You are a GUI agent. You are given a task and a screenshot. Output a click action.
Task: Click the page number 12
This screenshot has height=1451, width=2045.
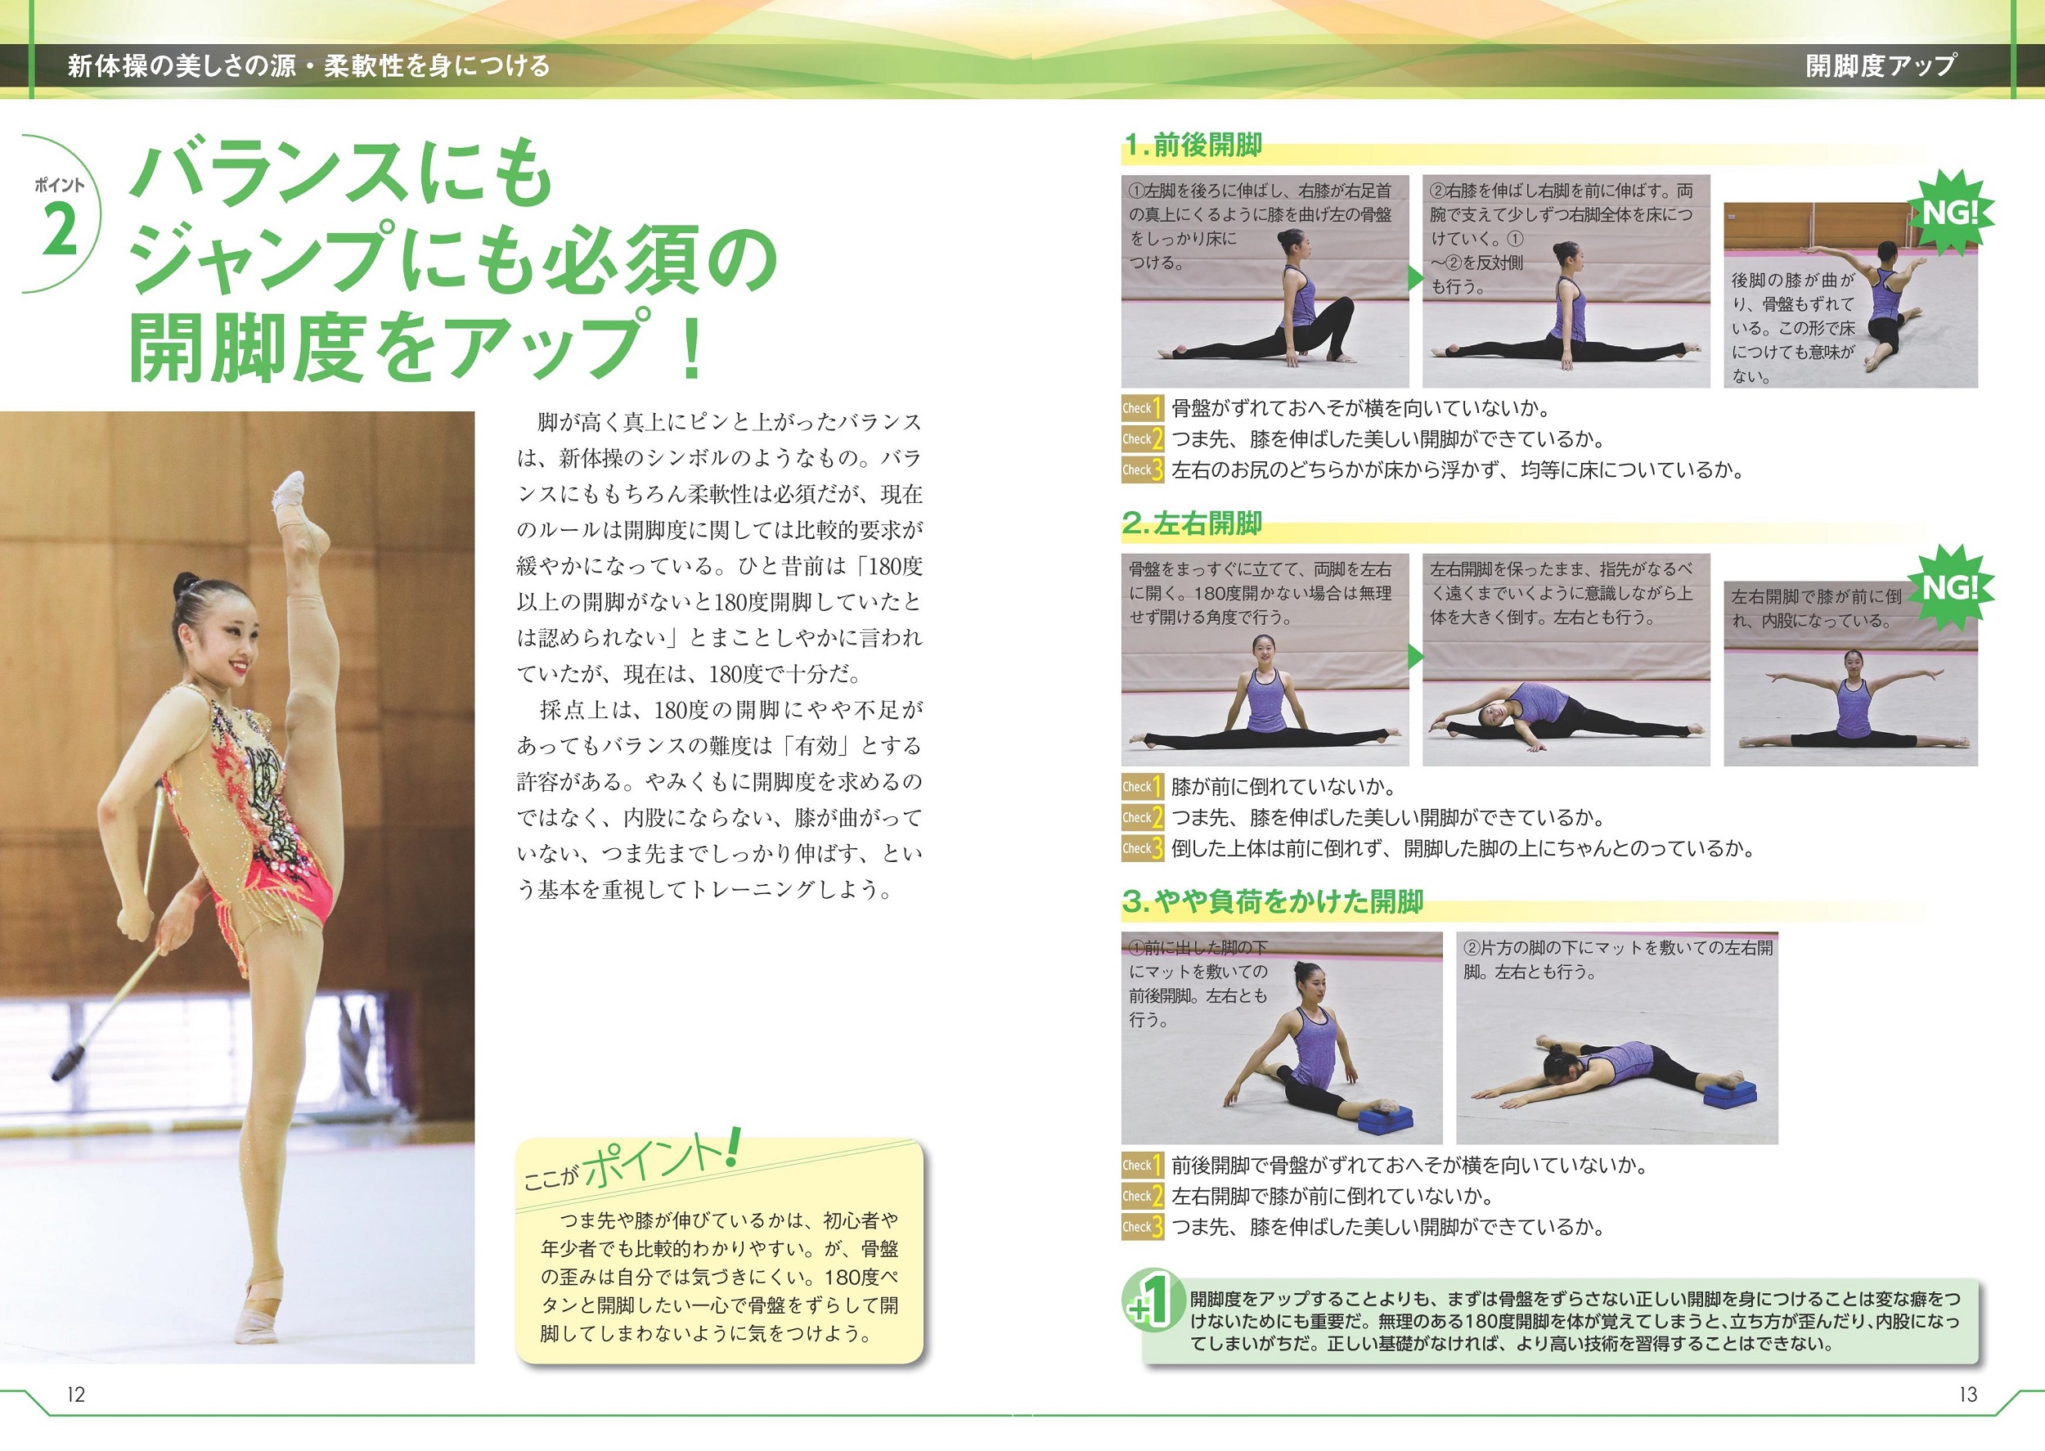point(76,1394)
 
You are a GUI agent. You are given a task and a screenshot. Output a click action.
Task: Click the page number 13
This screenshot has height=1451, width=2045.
point(1967,1394)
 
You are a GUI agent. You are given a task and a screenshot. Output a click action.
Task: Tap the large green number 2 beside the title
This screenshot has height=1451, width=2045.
point(61,230)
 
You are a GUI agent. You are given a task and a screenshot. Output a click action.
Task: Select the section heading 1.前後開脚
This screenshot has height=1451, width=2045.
point(1193,145)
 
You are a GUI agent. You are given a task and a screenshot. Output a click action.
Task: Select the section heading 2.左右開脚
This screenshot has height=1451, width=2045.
point(1193,523)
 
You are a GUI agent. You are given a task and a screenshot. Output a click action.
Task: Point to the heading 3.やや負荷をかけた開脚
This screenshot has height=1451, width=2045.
point(1273,901)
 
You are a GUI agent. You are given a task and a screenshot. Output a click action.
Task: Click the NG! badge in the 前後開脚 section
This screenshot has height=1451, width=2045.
point(1949,213)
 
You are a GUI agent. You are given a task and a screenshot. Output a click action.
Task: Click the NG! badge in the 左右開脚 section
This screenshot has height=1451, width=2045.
point(1949,588)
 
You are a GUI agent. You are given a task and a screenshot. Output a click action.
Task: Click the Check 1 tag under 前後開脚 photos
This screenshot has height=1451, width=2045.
point(1143,408)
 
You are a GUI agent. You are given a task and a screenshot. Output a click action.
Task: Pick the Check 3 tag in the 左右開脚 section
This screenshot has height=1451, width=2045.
point(1143,848)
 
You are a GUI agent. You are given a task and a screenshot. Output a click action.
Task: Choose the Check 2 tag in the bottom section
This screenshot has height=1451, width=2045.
point(1143,1196)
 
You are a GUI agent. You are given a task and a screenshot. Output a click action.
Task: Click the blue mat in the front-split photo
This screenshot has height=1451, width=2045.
point(1385,1116)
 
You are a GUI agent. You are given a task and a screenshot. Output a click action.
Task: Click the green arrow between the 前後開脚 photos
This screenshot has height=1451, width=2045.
point(1416,278)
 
